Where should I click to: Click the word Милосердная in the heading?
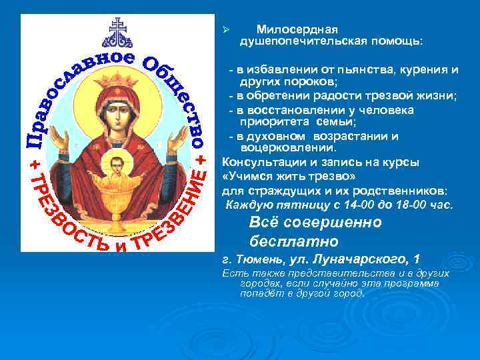(x=297, y=30)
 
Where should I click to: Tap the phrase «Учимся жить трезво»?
(x=283, y=176)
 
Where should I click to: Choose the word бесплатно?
(x=294, y=240)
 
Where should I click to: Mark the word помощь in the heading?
(x=397, y=42)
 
